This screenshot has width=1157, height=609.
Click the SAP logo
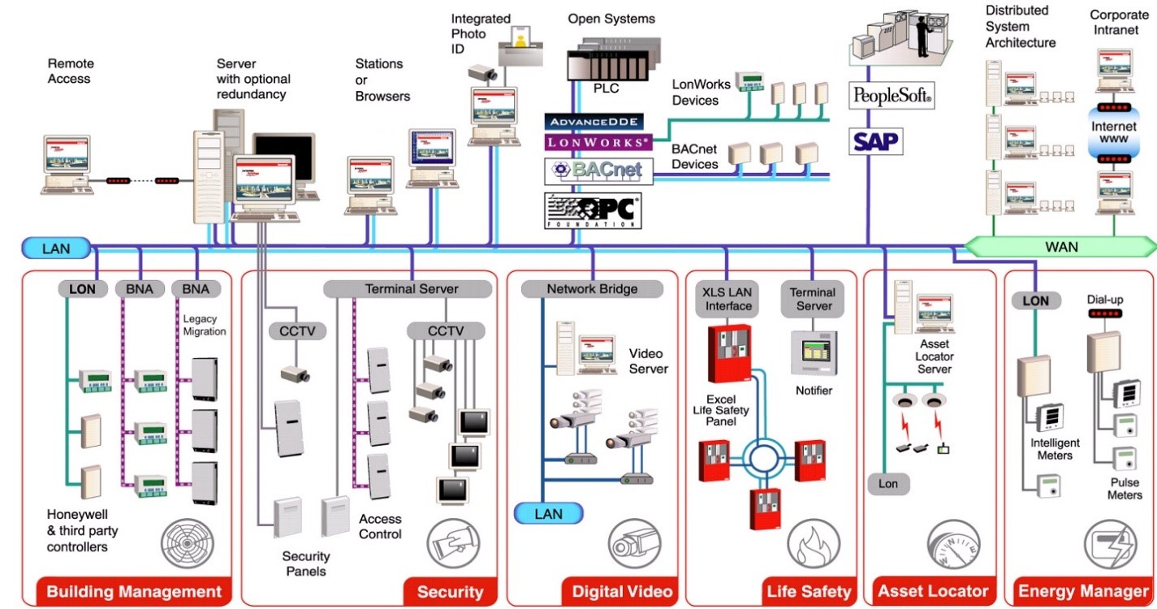(x=875, y=141)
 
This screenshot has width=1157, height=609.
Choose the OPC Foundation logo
(x=593, y=210)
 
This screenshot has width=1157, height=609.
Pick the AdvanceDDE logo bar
(x=595, y=122)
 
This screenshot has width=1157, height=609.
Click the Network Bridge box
(x=592, y=289)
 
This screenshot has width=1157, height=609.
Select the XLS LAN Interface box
(x=728, y=298)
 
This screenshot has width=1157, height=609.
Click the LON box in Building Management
(x=82, y=289)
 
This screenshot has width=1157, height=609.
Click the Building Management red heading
(x=133, y=591)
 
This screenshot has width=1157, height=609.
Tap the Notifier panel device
(x=814, y=352)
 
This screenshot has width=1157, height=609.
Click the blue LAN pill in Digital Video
(x=549, y=513)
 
